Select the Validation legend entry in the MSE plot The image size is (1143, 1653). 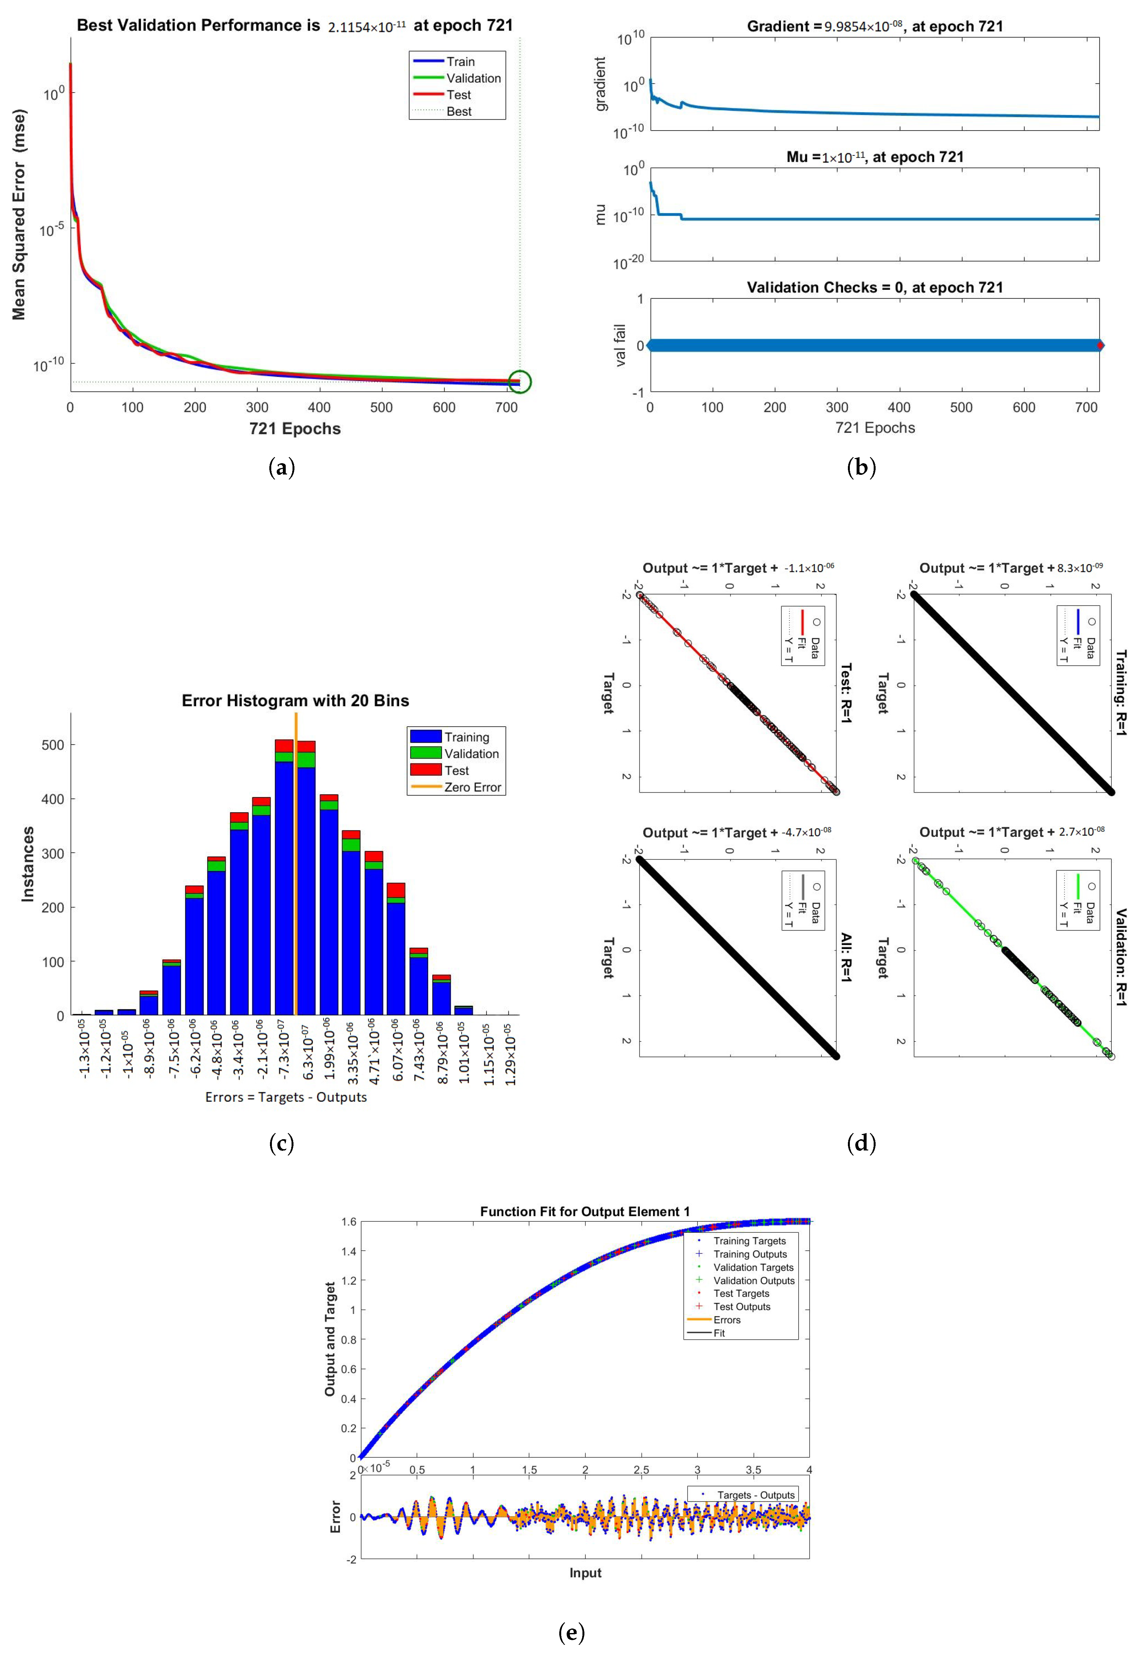click(x=473, y=78)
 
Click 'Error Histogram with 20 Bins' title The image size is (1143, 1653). click(x=295, y=701)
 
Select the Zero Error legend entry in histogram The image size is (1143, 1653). click(x=472, y=787)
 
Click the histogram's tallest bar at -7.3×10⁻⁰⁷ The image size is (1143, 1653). click(x=284, y=881)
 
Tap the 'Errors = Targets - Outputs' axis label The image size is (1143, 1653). click(x=286, y=1097)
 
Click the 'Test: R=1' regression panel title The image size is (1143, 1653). click(x=846, y=693)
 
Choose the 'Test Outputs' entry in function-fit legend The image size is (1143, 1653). click(x=741, y=1306)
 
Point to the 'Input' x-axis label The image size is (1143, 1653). click(x=585, y=1573)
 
